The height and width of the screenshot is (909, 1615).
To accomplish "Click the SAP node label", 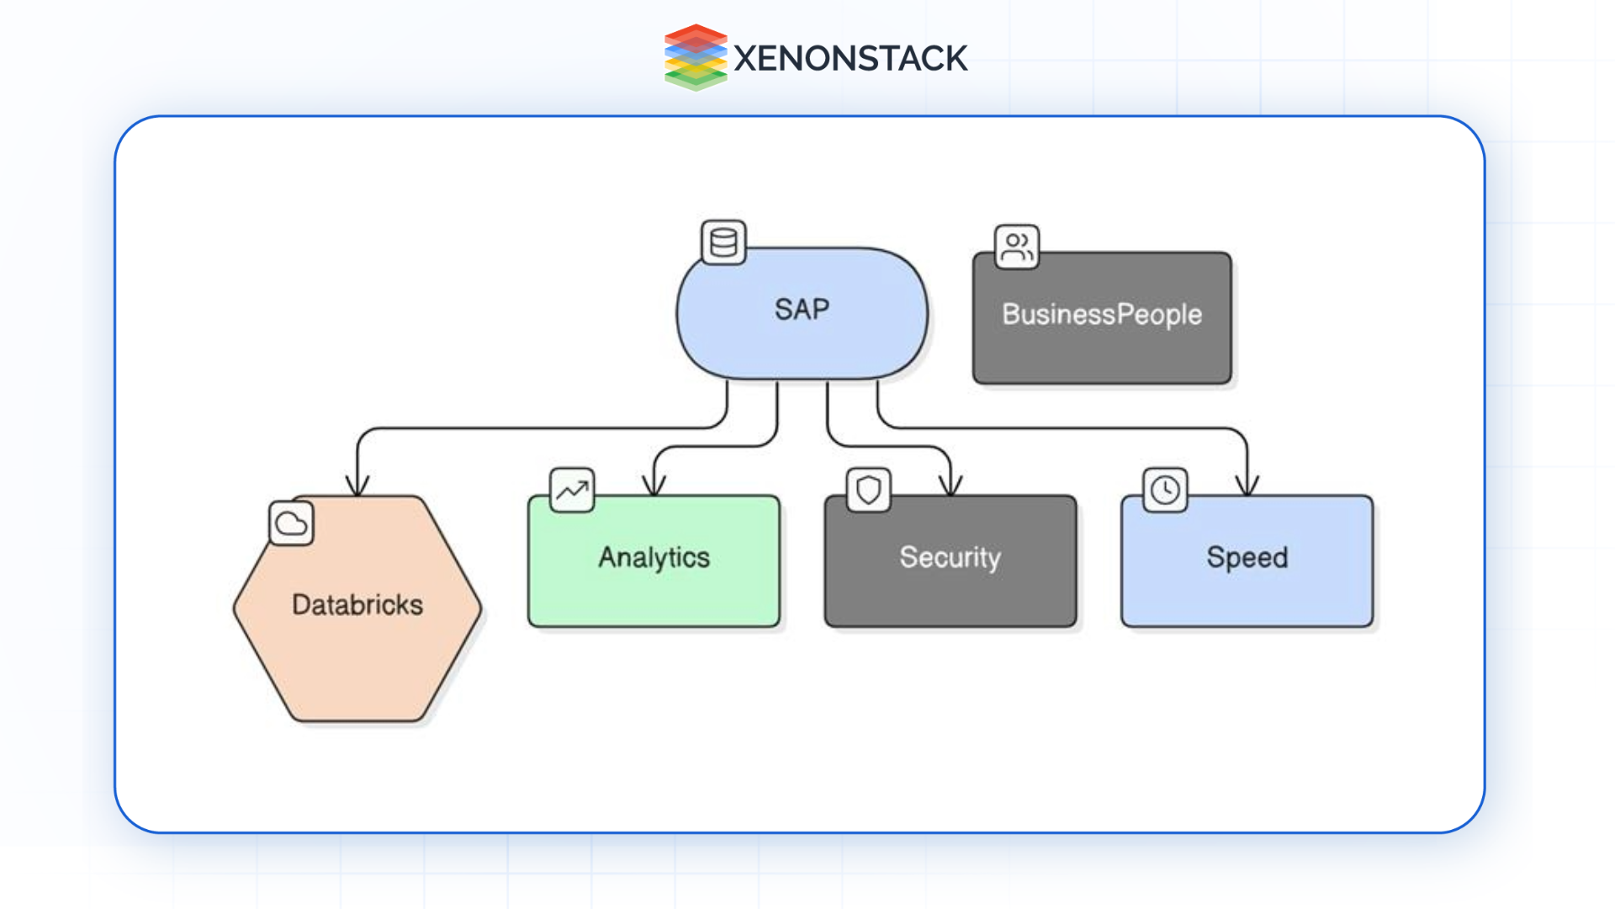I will tap(802, 310).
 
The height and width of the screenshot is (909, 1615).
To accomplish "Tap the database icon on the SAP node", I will tap(723, 243).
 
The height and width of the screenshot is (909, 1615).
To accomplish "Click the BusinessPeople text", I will tap(1101, 315).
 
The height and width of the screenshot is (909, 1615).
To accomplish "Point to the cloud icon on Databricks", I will tap(291, 524).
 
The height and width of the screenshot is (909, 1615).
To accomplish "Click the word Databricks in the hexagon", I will tap(357, 604).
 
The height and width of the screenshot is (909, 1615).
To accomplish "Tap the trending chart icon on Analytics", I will tap(572, 490).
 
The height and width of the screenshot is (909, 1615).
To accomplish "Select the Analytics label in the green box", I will tap(654, 557).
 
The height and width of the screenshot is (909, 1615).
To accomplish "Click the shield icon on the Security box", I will tap(868, 490).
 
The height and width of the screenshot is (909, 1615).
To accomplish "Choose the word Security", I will tap(950, 557).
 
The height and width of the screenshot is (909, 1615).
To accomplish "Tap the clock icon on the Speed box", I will tap(1165, 490).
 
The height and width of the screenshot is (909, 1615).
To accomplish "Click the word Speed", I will tap(1247, 557).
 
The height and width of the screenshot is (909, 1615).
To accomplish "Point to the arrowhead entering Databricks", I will tap(357, 486).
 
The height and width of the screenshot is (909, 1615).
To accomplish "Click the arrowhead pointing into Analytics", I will tap(654, 486).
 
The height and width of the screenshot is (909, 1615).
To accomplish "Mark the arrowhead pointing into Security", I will tap(950, 486).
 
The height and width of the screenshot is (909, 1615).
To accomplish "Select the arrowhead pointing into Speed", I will tap(1247, 486).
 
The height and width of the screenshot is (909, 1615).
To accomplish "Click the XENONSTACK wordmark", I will tap(850, 58).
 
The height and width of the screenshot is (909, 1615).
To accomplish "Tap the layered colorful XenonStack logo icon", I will tap(695, 57).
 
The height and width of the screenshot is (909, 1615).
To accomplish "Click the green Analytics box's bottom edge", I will tap(654, 625).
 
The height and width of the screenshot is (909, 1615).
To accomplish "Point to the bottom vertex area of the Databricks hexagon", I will tap(357, 720).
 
